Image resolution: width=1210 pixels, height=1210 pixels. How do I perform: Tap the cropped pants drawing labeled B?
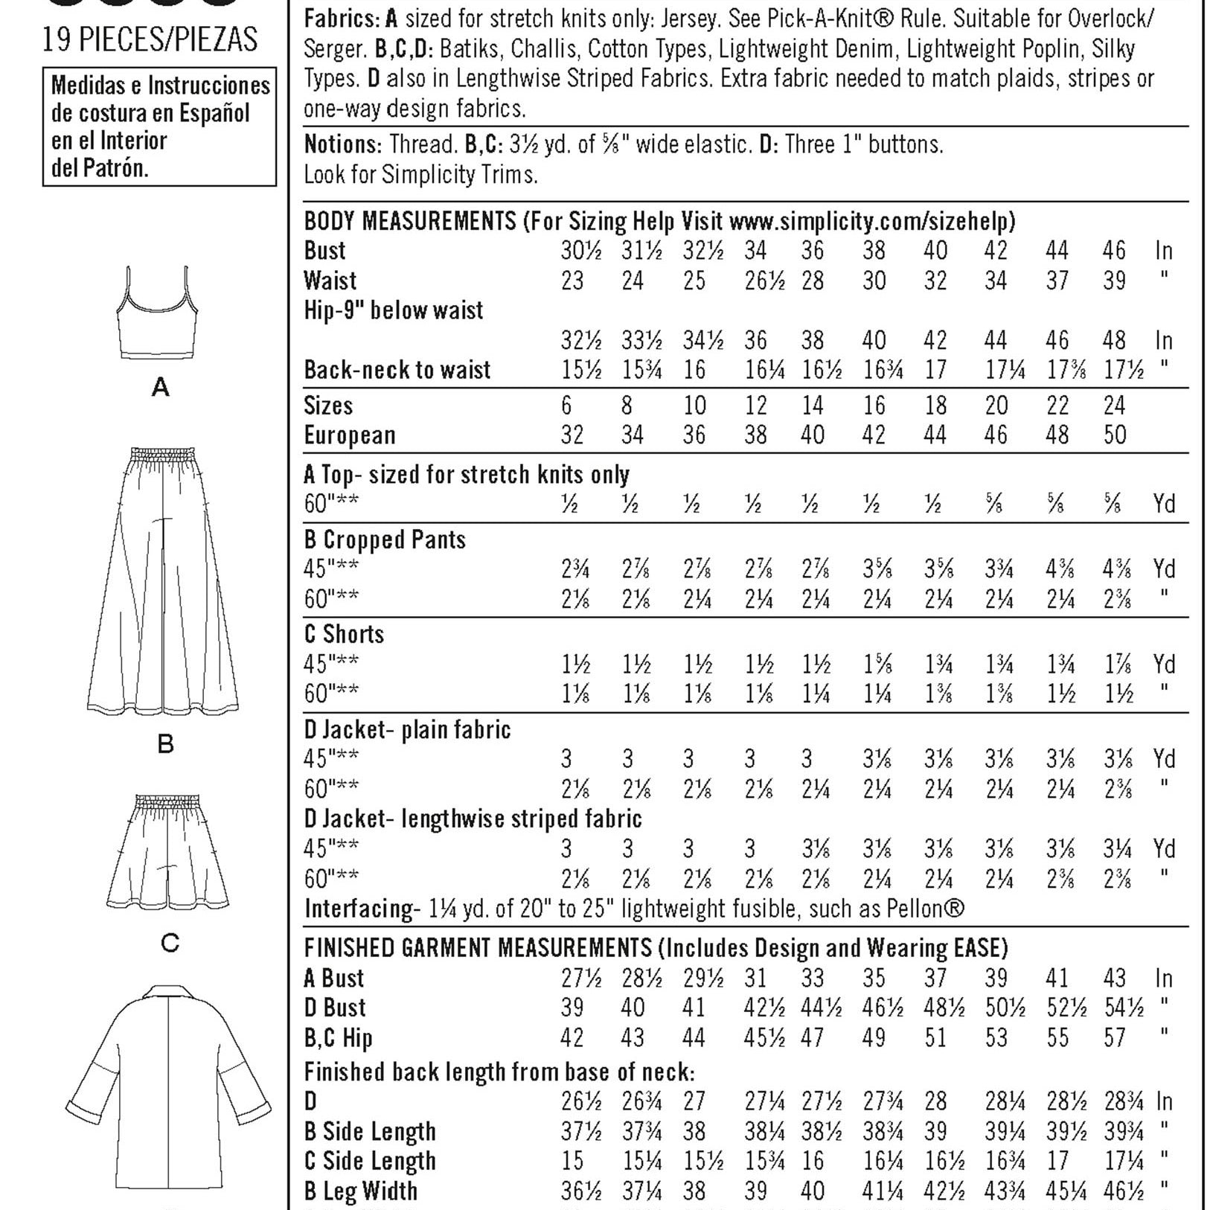(x=163, y=580)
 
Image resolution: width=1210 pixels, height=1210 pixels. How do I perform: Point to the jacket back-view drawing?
(x=169, y=1072)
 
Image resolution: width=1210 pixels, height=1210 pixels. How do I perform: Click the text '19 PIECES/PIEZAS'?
(x=150, y=39)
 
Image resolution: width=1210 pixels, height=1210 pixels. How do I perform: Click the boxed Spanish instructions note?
(x=159, y=127)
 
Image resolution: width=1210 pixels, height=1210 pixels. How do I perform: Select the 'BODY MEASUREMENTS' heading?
(x=410, y=221)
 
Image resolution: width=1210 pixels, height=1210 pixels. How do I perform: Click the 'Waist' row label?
(x=330, y=281)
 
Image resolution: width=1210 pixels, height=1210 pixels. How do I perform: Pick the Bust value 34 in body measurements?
(x=756, y=251)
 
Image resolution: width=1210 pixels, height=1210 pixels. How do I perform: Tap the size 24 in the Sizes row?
(x=1114, y=406)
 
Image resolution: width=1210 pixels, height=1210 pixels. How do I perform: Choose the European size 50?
(x=1114, y=435)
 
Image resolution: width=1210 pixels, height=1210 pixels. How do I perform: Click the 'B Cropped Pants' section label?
(x=385, y=540)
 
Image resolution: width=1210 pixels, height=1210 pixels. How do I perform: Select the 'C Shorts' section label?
(x=344, y=634)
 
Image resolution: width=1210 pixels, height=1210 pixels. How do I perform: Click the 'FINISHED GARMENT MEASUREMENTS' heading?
(x=478, y=948)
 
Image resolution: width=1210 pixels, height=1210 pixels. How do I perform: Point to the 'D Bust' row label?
(x=335, y=1008)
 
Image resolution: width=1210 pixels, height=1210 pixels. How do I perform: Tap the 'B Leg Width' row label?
(x=360, y=1191)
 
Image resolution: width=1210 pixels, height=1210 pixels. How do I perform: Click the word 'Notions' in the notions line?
(x=342, y=144)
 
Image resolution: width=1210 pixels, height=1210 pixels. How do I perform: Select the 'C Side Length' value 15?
(x=572, y=1161)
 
